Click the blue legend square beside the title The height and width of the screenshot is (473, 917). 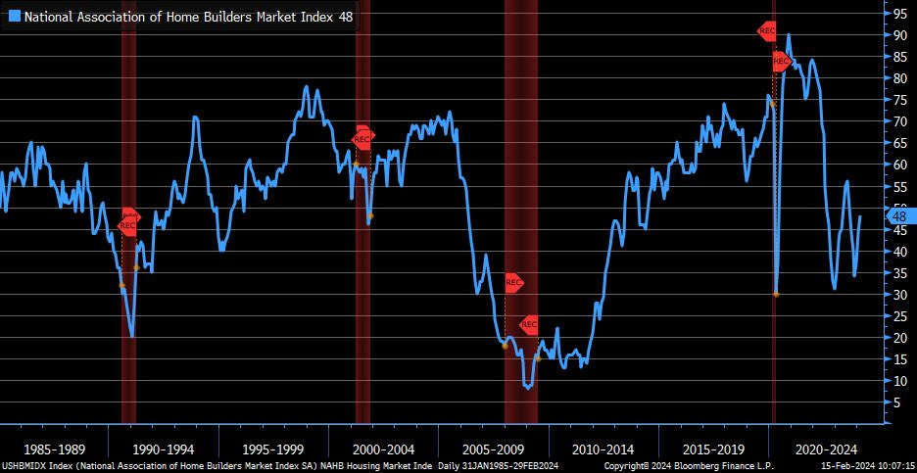(14, 16)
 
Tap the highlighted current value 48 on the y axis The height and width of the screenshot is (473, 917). (900, 215)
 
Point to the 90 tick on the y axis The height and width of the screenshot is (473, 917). (898, 35)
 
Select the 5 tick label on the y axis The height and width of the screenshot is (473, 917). (894, 402)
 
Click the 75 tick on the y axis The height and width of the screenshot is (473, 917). (898, 100)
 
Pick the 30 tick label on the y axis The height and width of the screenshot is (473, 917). (898, 294)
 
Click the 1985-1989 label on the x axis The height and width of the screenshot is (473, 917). (53, 449)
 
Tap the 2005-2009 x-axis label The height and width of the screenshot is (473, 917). (492, 449)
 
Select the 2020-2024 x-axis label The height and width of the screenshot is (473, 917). (821, 449)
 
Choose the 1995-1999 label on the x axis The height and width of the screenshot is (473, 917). (272, 449)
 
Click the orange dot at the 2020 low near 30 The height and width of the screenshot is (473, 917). (775, 294)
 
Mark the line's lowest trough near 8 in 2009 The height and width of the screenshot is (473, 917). (529, 388)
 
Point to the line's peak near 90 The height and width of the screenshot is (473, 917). (789, 35)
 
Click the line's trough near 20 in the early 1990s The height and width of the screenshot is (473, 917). (131, 336)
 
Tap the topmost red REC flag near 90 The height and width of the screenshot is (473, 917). (767, 30)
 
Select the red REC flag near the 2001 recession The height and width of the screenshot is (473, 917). (362, 138)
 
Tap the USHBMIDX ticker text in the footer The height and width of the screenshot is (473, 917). (25, 466)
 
